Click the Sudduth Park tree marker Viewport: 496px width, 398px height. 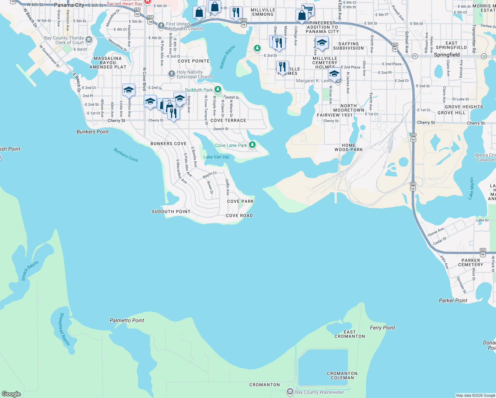coord(217,90)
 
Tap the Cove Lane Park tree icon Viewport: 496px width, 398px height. coord(252,145)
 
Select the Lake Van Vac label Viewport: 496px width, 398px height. coord(217,157)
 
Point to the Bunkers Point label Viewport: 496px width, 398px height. coord(93,132)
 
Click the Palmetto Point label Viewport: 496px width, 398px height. coord(127,320)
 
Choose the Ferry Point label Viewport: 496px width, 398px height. coord(382,328)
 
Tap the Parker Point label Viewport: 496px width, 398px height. coord(453,300)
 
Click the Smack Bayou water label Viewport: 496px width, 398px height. coord(30,271)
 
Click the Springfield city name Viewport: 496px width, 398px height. coord(447,55)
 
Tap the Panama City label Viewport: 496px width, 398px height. coord(69,5)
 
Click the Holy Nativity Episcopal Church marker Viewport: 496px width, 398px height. coord(171,74)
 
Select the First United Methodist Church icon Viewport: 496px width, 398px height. coord(161,26)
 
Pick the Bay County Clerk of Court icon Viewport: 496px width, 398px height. coord(89,40)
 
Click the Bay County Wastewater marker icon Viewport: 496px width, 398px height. coord(290,392)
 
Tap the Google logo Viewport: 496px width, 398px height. coord(11,394)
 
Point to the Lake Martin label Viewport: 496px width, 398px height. coord(471,188)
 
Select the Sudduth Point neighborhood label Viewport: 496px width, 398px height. coord(171,212)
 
